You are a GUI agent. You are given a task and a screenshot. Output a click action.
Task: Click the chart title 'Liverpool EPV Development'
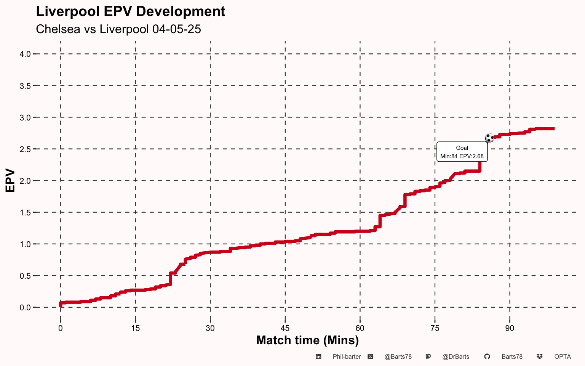point(130,11)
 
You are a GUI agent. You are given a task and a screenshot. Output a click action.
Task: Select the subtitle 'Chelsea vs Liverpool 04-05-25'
point(118,29)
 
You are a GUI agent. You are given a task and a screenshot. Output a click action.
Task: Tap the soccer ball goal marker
point(489,138)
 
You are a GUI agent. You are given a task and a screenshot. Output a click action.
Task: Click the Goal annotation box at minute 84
point(462,152)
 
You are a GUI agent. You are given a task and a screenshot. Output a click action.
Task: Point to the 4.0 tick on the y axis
point(25,54)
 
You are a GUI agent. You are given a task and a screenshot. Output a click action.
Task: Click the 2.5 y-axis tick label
point(25,149)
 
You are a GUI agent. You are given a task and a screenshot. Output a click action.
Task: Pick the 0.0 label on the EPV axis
point(25,307)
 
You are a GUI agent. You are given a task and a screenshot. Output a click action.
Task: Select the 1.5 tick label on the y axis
point(25,212)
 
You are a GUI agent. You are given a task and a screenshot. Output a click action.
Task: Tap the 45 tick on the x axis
point(285,328)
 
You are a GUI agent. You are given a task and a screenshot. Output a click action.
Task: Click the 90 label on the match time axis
point(510,328)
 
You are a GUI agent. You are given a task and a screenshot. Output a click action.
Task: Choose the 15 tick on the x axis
point(135,328)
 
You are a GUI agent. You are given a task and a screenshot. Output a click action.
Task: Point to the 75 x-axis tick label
point(435,328)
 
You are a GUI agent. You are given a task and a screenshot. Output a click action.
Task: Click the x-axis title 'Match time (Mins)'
point(307,340)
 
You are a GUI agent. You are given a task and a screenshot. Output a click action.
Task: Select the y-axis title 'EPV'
point(10,180)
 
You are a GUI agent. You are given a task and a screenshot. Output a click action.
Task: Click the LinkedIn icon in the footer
point(318,356)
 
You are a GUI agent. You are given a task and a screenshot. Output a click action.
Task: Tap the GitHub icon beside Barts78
point(487,356)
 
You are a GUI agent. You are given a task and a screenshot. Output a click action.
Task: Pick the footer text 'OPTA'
point(563,356)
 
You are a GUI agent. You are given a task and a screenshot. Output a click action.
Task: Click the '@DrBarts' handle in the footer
point(456,356)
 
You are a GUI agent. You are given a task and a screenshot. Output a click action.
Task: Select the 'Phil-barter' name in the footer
point(347,356)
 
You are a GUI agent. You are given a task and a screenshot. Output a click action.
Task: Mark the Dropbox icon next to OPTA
point(539,356)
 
